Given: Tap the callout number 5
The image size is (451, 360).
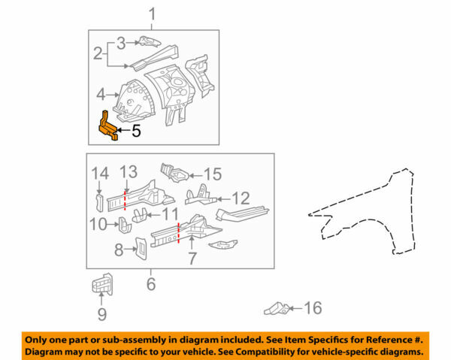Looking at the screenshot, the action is click(136, 131).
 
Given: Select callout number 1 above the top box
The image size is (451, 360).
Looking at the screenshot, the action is click(152, 14).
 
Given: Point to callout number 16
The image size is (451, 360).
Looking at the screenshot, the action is click(313, 308).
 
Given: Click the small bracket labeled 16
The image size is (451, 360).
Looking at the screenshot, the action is click(277, 309).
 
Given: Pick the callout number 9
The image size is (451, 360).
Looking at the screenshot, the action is click(102, 314).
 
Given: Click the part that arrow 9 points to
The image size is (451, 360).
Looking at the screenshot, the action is click(102, 284).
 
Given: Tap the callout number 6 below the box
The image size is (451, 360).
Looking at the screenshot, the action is click(151, 284).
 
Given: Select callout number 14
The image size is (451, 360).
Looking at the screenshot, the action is click(100, 174).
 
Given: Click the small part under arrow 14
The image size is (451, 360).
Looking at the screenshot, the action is click(99, 203).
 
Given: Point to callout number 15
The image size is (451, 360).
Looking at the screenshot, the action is click(213, 174).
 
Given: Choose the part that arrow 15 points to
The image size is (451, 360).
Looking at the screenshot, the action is click(175, 173).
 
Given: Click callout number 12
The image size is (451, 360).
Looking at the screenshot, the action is click(241, 198).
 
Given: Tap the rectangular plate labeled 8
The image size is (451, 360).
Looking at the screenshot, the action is click(141, 248).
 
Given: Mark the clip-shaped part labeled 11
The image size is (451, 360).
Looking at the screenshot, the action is click(140, 216).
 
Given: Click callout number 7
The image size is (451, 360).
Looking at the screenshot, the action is click(192, 259).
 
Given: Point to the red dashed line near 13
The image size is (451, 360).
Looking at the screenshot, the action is click(125, 200).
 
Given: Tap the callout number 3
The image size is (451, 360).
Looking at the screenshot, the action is click(121, 44).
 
